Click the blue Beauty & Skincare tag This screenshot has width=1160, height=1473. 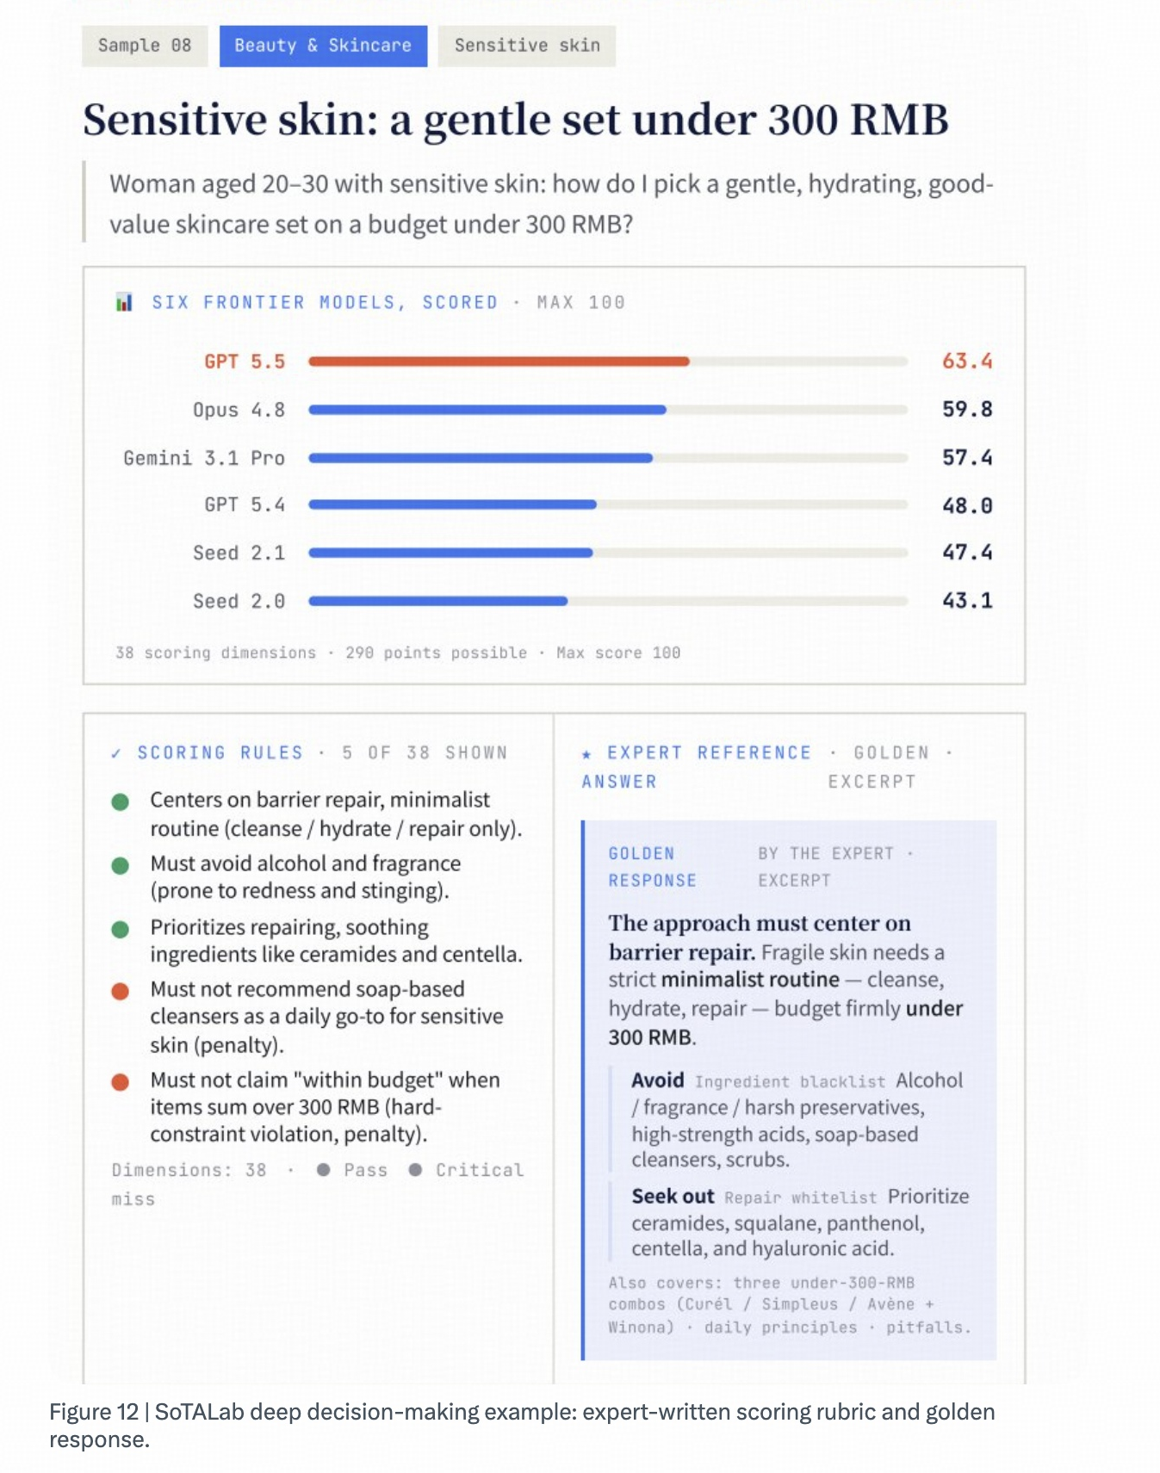(x=323, y=46)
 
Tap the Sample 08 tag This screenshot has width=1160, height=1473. (x=145, y=46)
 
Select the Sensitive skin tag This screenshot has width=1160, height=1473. (x=527, y=46)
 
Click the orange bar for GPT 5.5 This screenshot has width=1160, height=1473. (x=499, y=362)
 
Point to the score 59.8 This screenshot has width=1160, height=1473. (x=967, y=409)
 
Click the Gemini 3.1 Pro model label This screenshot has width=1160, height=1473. (x=204, y=458)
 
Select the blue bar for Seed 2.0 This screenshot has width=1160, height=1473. (x=437, y=601)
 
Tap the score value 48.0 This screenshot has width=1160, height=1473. (x=967, y=505)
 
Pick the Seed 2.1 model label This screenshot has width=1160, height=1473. (x=239, y=553)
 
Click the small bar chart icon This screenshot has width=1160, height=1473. (x=124, y=302)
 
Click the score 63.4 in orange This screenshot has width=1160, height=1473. (x=967, y=361)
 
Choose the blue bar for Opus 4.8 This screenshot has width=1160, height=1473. (x=487, y=410)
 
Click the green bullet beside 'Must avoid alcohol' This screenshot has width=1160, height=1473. (x=121, y=865)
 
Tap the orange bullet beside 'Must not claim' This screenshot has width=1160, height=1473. (x=121, y=1082)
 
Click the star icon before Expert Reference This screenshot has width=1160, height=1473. (x=586, y=754)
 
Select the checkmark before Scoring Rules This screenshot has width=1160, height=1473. (x=116, y=754)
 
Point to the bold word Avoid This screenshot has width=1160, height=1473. (x=658, y=1080)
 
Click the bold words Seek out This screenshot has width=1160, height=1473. (x=673, y=1197)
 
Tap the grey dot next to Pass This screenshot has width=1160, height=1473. (x=324, y=1170)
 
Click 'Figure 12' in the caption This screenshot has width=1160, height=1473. (x=94, y=1412)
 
